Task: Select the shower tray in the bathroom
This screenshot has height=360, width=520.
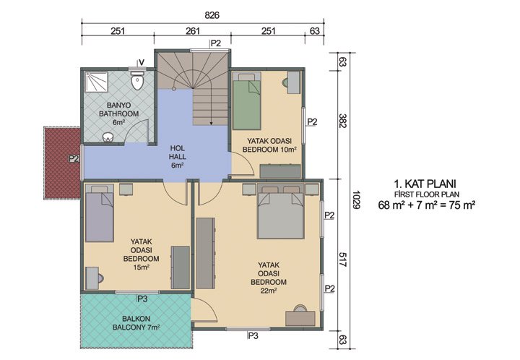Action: coord(97,84)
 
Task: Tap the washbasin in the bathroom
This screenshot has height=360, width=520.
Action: coord(108,137)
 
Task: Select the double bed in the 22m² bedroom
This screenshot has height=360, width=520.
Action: coord(282,212)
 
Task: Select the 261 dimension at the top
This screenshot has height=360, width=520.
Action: coord(193,31)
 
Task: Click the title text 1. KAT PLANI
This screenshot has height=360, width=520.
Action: coord(428,184)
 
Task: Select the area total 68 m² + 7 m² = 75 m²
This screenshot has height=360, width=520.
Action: coord(428,206)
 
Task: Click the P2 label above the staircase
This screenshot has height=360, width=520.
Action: coord(215,43)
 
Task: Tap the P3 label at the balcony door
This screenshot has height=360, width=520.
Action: coord(142,297)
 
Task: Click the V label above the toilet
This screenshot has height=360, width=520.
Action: coord(141,61)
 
